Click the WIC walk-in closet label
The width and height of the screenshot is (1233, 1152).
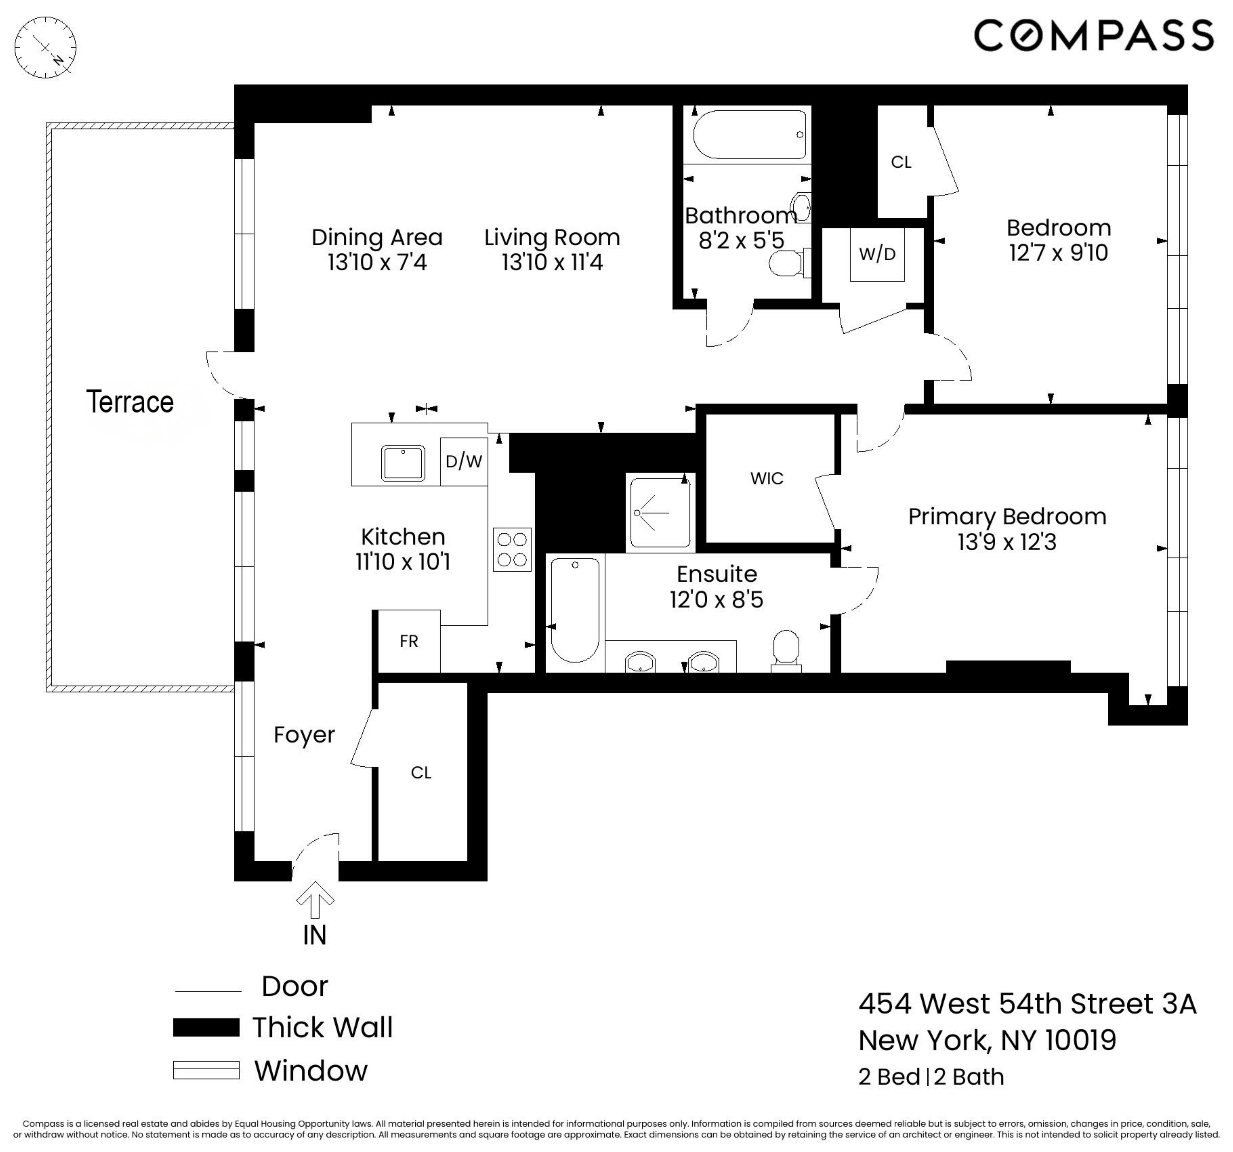click(766, 478)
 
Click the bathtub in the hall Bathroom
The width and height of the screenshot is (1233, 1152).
click(749, 135)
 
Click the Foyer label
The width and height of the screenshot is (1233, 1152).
click(304, 734)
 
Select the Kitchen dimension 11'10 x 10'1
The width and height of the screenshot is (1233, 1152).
click(403, 561)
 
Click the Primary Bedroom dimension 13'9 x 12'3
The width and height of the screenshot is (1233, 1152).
click(1007, 542)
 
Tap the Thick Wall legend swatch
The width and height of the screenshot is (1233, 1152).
click(206, 1027)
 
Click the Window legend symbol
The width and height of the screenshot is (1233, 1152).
click(206, 1071)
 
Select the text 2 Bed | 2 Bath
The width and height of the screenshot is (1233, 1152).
click(930, 1077)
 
